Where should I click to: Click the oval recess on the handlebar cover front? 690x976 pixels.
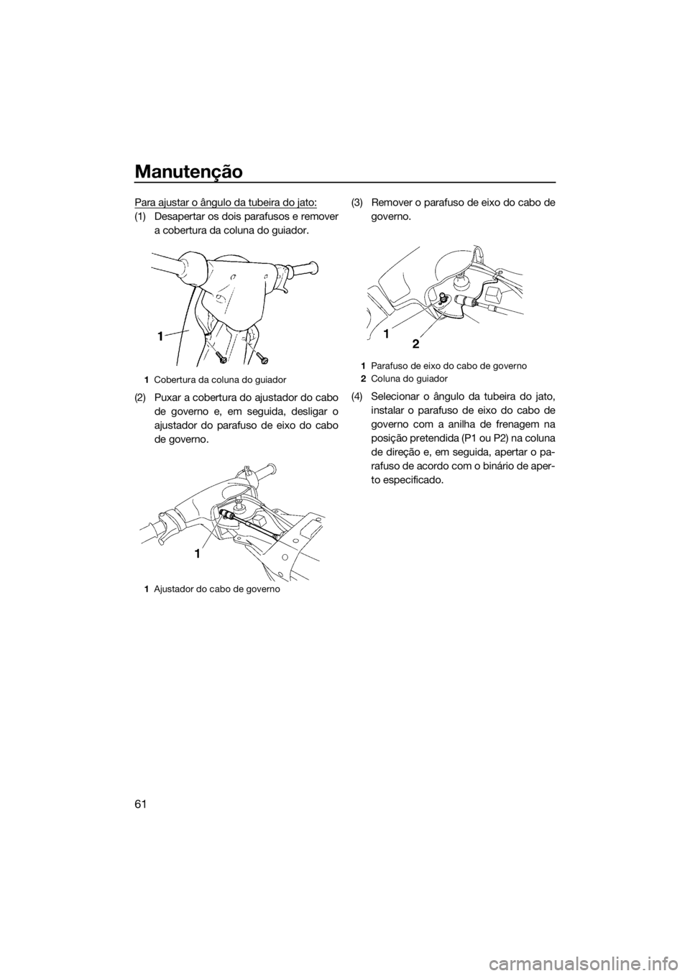click(218, 294)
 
